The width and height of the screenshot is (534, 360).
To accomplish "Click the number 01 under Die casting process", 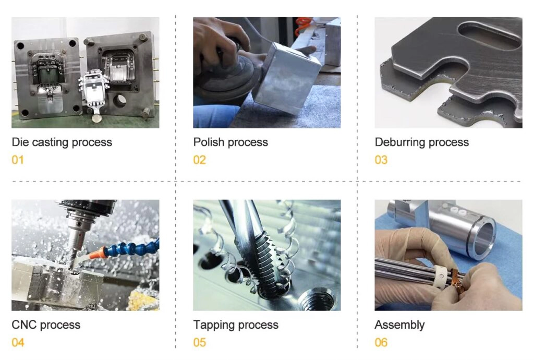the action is [18, 160].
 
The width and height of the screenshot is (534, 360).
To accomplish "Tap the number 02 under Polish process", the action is [200, 160].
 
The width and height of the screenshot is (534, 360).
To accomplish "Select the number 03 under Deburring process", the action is [381, 160].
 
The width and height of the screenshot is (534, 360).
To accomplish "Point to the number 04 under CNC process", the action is [18, 342].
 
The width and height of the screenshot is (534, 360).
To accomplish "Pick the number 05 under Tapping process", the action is [200, 342].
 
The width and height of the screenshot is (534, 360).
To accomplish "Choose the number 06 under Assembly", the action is [381, 342].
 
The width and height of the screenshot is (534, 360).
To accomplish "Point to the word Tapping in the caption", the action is [212, 325].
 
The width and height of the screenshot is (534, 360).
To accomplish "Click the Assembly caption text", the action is [399, 325].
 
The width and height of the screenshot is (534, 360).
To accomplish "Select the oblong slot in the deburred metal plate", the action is [490, 37].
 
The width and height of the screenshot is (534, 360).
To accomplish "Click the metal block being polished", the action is [288, 78].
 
